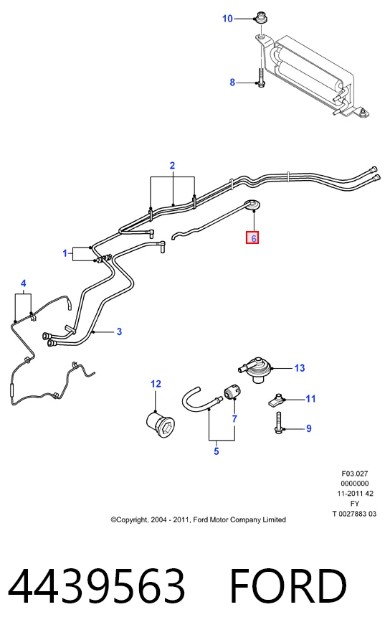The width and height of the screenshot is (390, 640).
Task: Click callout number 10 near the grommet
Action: coord(227,19)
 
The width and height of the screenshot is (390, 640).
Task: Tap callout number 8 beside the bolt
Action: coord(232,83)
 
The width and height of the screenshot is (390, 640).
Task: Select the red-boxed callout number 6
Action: coord(252,238)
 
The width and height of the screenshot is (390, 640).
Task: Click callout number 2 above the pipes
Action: coord(172,165)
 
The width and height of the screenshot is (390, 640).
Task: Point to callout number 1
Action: coord(65,253)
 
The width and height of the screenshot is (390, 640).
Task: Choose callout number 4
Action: coord(23,283)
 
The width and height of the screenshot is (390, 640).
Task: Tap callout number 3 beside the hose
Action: coord(119,331)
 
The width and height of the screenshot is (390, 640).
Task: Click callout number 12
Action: coord(156,384)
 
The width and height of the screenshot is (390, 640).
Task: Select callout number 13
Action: coord(300,368)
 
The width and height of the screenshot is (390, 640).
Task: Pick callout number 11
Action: coord(310,399)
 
